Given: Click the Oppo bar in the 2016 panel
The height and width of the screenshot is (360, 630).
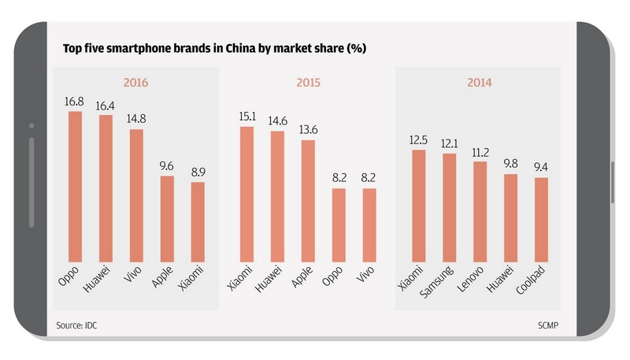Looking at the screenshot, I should [x=76, y=185].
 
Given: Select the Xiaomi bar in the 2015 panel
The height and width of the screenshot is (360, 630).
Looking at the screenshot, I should [x=246, y=193].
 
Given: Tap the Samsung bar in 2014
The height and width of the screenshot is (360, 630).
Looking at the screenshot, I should [x=449, y=206].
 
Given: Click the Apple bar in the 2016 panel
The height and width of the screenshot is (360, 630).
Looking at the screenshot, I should [x=167, y=217].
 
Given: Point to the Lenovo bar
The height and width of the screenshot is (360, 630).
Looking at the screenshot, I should [x=480, y=210].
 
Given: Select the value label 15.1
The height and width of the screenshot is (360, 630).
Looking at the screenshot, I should [x=246, y=117].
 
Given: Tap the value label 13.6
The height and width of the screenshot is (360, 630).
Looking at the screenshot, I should [x=308, y=130].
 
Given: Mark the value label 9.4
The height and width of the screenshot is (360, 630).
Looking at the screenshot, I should [x=540, y=167].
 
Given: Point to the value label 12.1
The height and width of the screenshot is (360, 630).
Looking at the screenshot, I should [x=449, y=143].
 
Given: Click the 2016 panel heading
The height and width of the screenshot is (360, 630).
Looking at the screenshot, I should [x=136, y=82].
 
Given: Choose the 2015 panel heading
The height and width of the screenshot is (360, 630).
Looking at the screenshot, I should [x=307, y=82].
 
